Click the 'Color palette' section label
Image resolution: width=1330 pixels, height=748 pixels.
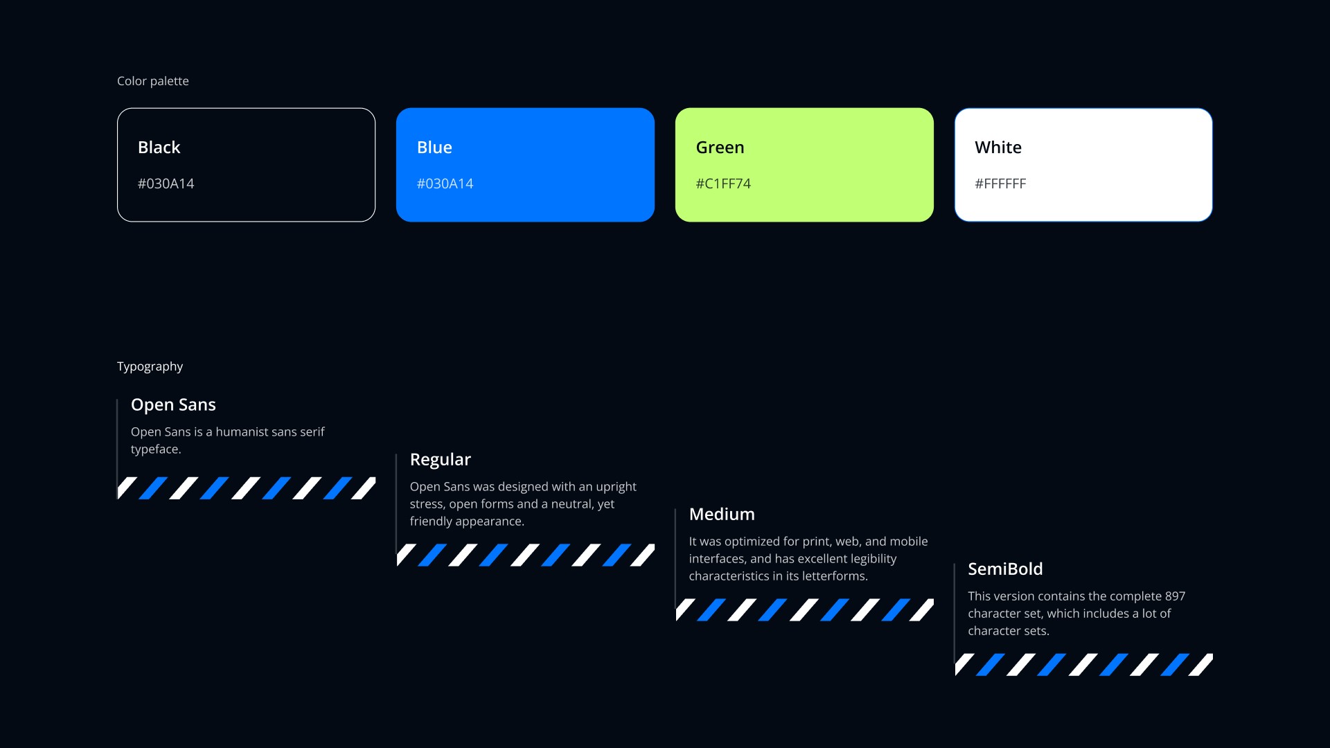coord(152,81)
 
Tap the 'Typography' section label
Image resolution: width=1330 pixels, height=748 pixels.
coord(150,366)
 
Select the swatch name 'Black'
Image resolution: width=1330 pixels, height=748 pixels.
coord(159,148)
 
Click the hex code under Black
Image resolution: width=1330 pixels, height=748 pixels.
coord(166,184)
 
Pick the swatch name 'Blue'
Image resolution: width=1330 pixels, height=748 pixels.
coord(434,148)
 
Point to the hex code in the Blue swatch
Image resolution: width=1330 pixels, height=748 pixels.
coord(445,184)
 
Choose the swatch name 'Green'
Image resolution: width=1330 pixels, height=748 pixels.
coord(720,148)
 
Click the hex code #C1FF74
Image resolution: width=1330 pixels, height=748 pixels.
coord(723,184)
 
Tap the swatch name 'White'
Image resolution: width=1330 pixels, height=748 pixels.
coord(997,148)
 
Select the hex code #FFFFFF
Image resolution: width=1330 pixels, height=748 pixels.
coord(1000,184)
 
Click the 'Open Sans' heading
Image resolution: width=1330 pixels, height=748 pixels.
coord(173,404)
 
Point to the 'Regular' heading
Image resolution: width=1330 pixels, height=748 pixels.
coord(440,459)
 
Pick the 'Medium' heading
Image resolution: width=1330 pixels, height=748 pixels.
coord(722,514)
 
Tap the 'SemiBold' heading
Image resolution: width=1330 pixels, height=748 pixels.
coord(1005,569)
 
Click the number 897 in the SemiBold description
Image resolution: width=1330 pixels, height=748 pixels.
coord(1175,596)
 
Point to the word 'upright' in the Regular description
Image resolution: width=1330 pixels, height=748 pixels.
coord(616,487)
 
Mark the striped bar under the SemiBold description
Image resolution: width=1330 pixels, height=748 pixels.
coord(1083,664)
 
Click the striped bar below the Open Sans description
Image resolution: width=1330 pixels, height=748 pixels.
coord(247,488)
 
